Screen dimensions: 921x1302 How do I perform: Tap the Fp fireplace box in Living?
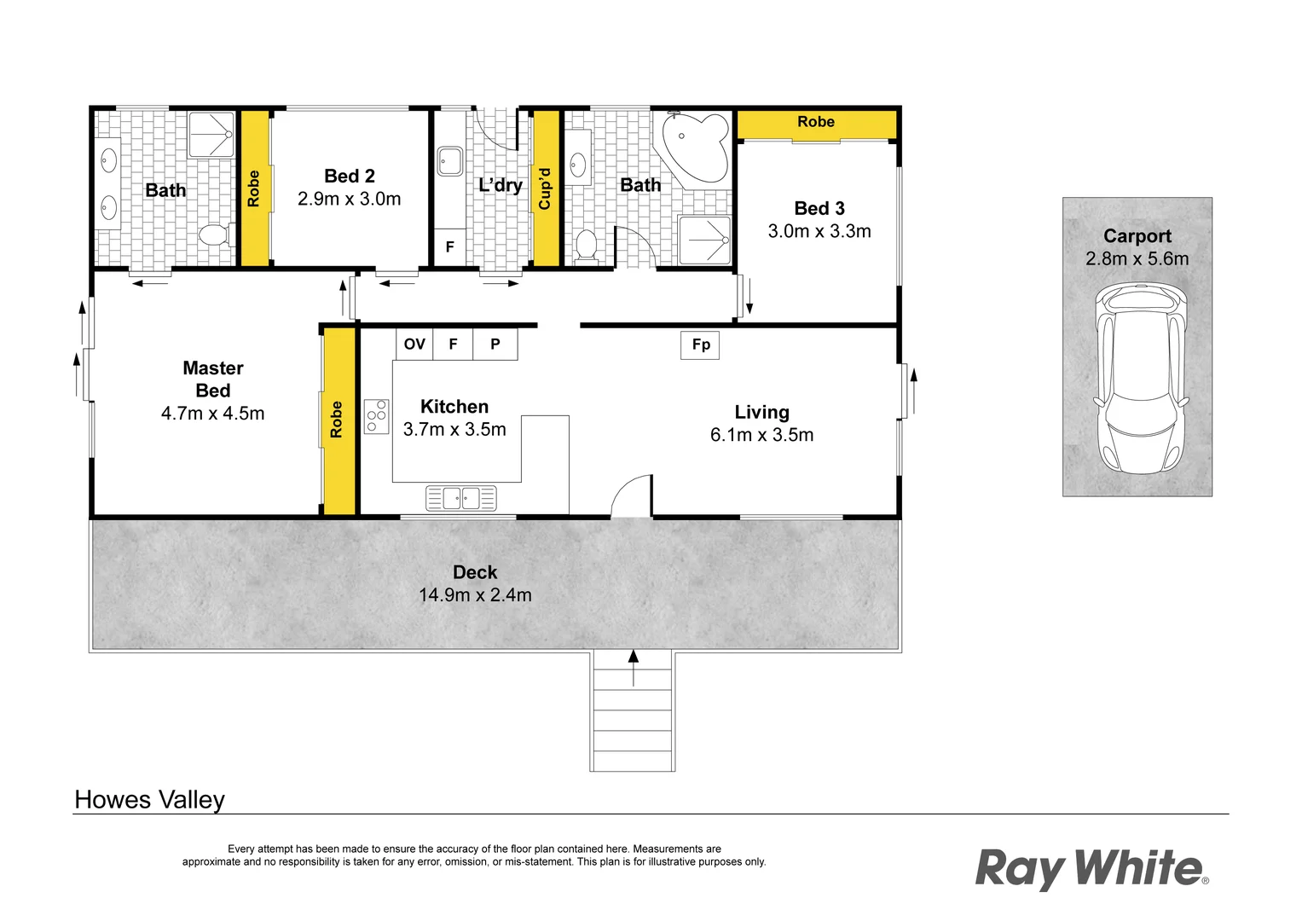click(700, 345)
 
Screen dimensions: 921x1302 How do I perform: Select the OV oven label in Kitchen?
click(414, 344)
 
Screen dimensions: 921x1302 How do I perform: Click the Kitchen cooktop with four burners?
click(376, 416)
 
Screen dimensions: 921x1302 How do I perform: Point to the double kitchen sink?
click(461, 497)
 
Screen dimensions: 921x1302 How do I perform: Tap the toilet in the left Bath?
click(214, 235)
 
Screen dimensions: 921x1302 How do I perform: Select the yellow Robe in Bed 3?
click(816, 123)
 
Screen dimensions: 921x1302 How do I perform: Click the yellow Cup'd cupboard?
click(546, 188)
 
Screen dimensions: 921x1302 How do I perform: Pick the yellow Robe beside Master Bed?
click(338, 420)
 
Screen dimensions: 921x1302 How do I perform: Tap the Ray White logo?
click(1091, 869)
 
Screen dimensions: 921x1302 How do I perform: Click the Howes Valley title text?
click(150, 800)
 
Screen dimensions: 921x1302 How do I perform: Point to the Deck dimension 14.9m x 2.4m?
click(475, 595)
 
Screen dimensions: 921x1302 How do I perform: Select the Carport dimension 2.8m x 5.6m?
click(1137, 258)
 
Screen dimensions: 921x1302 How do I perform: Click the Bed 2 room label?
click(350, 176)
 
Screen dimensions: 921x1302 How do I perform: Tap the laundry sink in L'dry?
click(450, 160)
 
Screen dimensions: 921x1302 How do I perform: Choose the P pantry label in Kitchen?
click(495, 344)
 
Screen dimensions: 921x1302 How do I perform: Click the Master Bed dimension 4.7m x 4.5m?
click(212, 414)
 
